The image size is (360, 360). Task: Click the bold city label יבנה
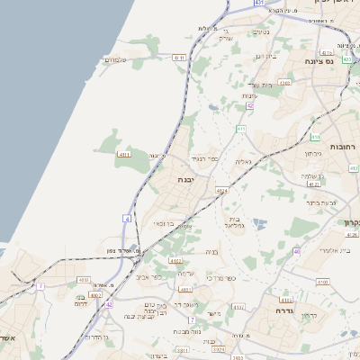[185, 179]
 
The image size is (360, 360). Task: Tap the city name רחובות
[343, 146]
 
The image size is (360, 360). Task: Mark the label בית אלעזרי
[324, 252]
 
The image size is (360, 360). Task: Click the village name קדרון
[309, 315]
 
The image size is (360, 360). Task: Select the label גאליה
[243, 161]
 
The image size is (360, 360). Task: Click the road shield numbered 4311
[124, 155]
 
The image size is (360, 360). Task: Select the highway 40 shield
[296, 251]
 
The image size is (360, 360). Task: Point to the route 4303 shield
[285, 82]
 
